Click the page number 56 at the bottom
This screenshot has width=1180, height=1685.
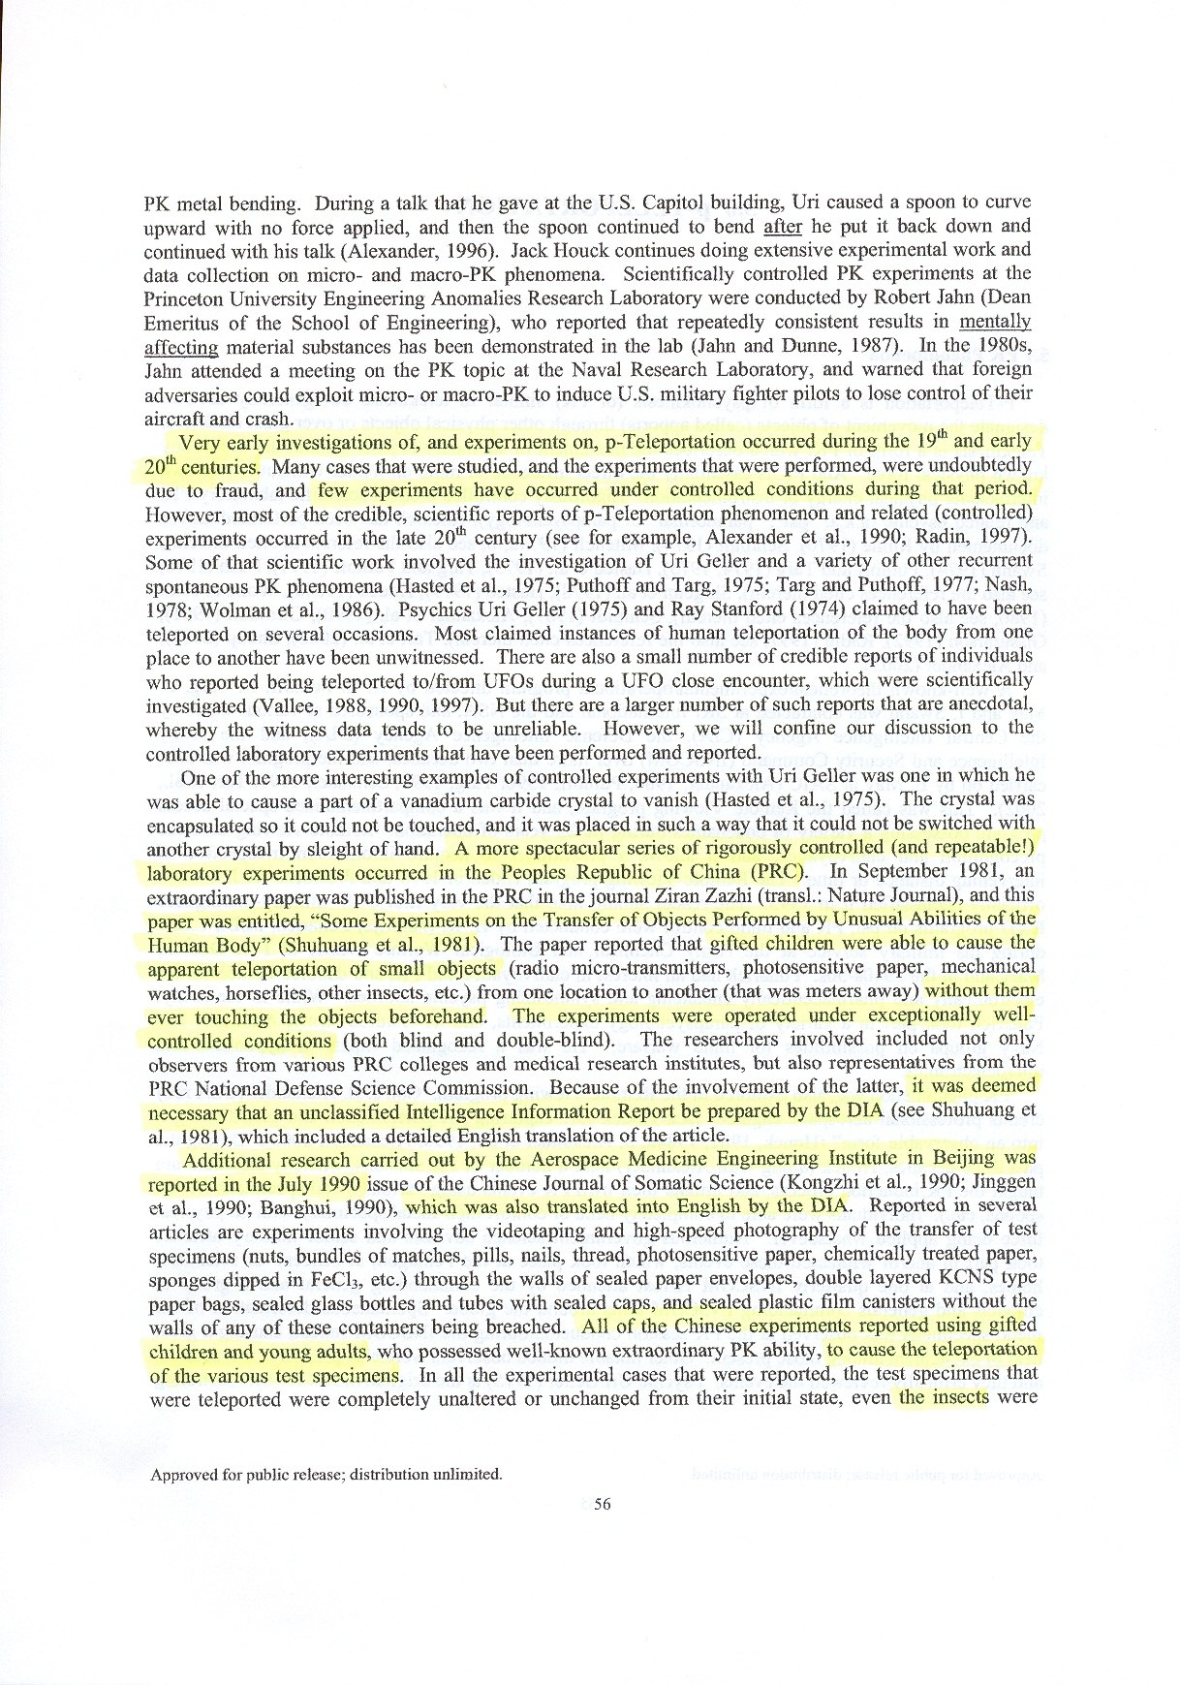(x=602, y=1505)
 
